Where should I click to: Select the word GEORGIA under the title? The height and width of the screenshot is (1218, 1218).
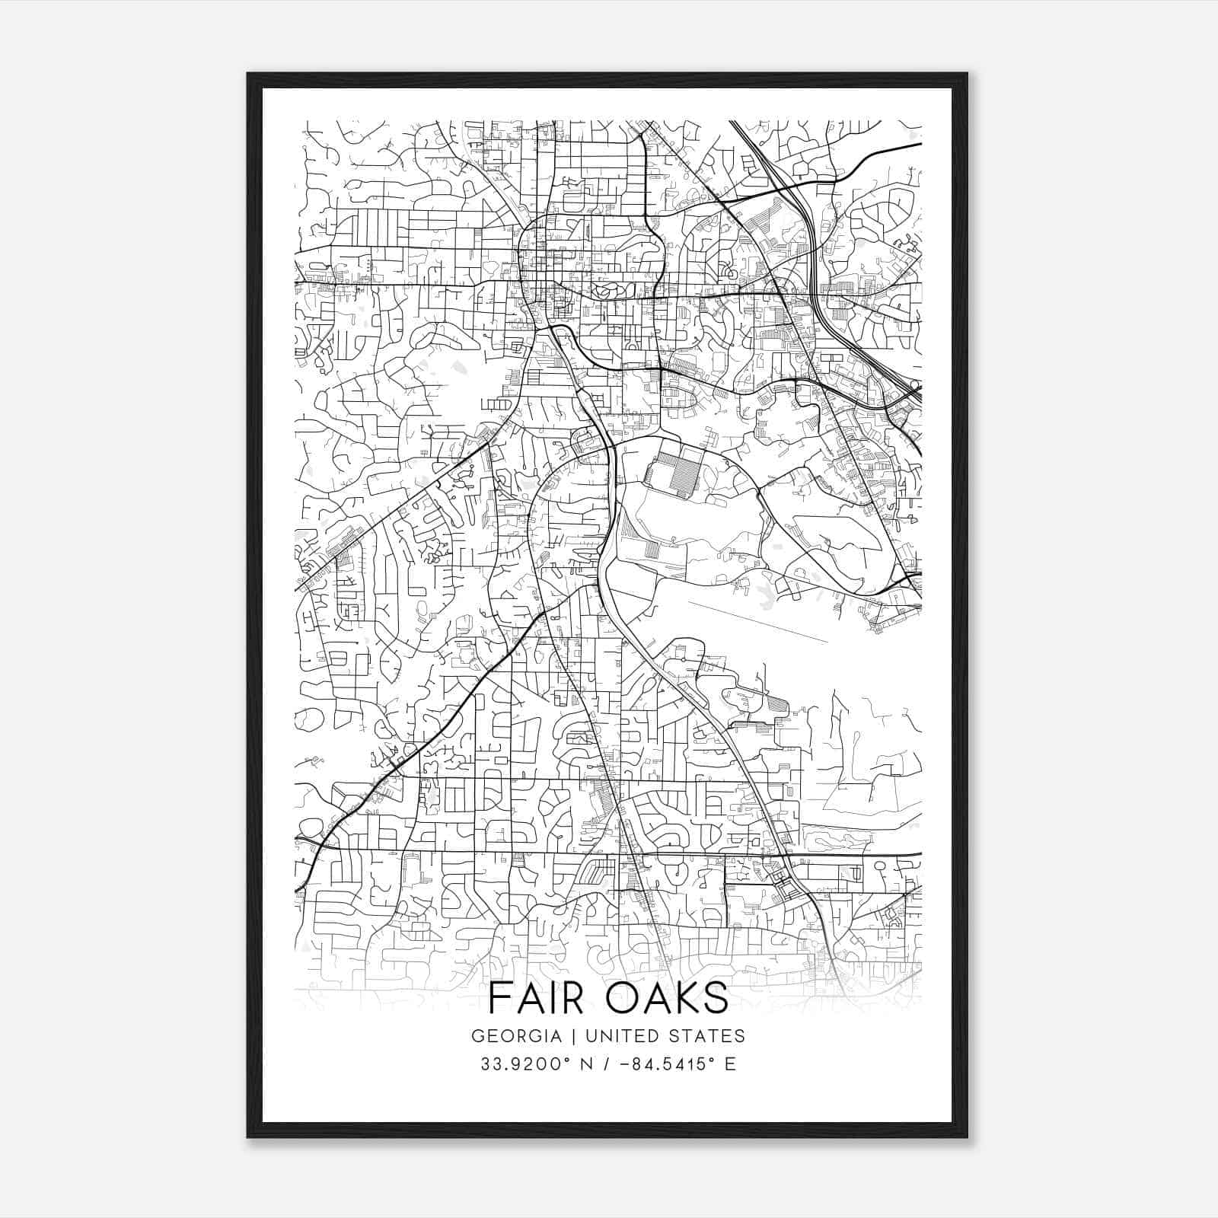pos(516,1036)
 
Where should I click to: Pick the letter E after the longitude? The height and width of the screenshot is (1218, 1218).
pos(730,1064)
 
